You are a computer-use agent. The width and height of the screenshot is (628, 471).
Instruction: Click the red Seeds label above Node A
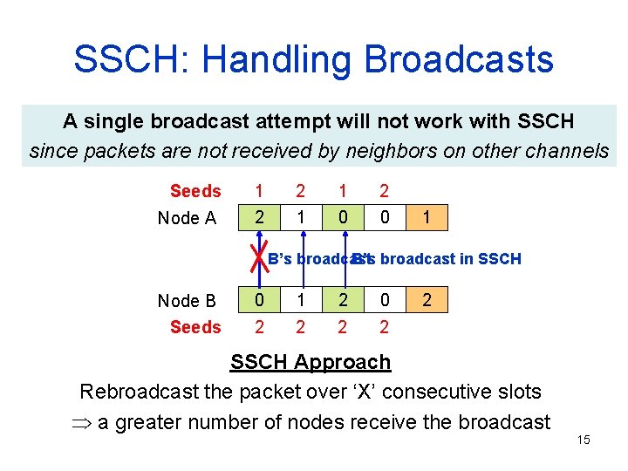[195, 191]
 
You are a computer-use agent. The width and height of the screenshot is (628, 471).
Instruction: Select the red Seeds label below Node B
[195, 327]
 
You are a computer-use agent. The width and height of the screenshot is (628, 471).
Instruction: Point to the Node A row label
[187, 218]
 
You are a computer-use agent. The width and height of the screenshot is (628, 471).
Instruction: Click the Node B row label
[187, 301]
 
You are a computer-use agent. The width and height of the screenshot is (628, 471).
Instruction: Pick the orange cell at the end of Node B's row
[426, 301]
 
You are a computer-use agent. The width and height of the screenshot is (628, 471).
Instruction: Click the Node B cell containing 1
[301, 301]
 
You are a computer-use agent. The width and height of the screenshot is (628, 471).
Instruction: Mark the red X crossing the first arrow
[258, 259]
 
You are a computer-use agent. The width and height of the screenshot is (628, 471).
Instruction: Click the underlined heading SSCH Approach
[310, 362]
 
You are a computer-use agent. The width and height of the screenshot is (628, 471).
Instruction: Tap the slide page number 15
[584, 440]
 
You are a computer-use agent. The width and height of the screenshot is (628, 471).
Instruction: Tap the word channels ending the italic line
[570, 151]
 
